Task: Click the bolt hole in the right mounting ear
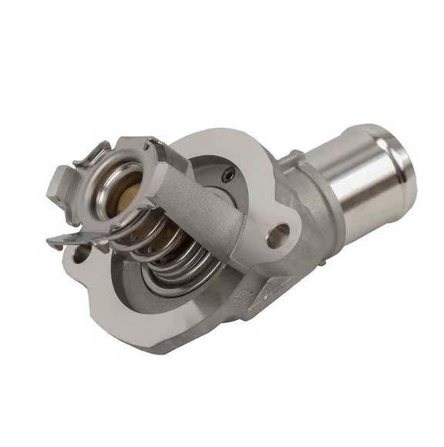(x=277, y=235)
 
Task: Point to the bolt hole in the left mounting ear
(x=80, y=250)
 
